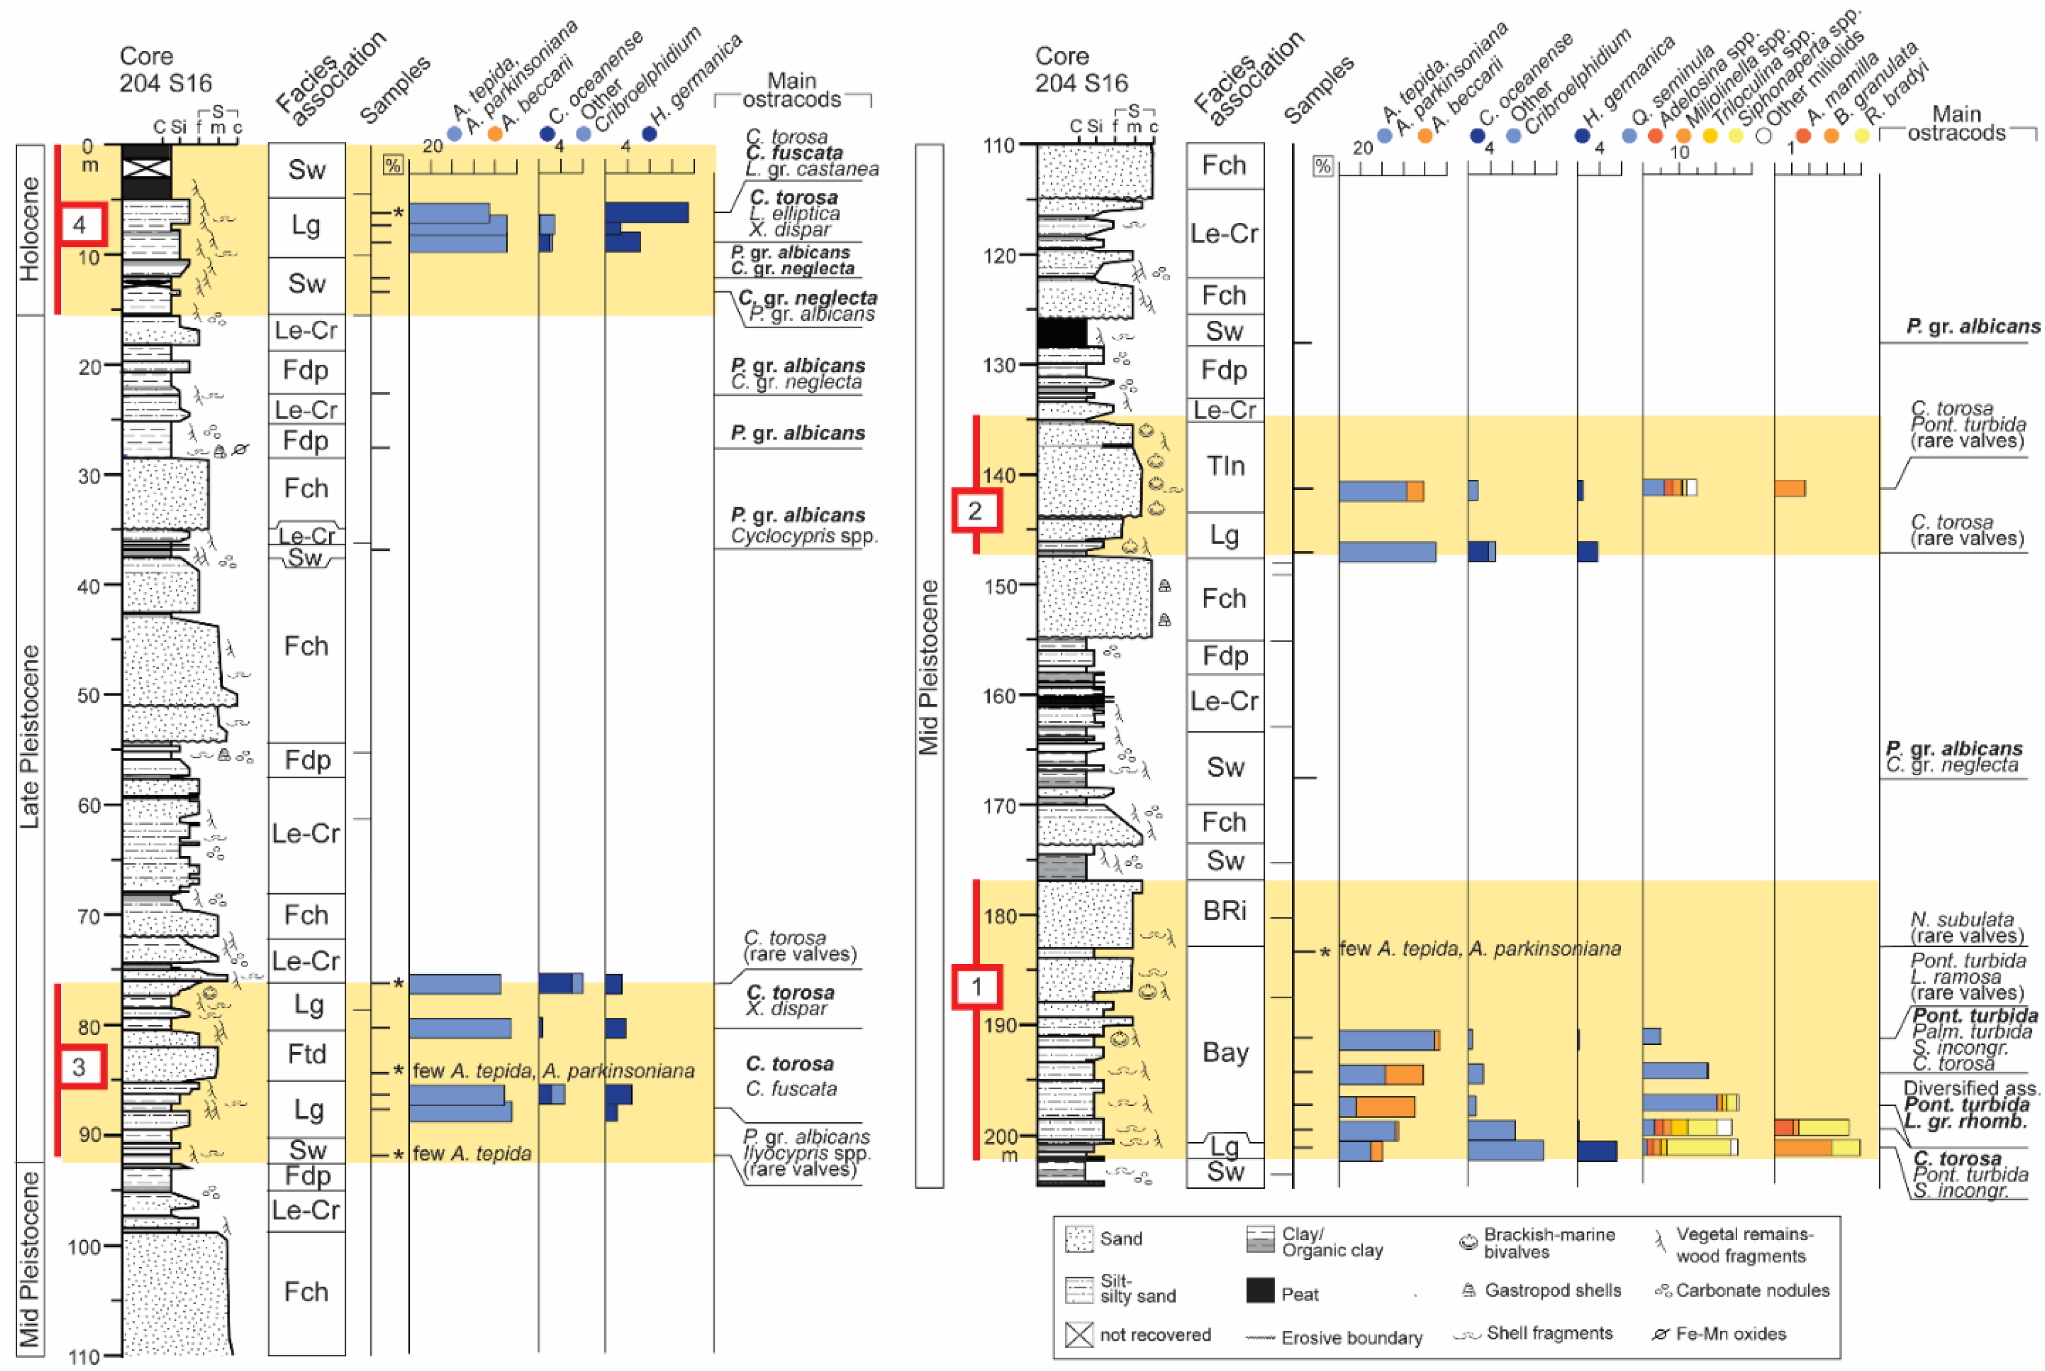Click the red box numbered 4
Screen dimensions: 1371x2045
[x=80, y=225]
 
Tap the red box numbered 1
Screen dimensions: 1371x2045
[x=976, y=987]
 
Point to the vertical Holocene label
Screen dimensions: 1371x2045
[x=30, y=229]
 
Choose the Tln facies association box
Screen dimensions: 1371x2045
[x=1225, y=466]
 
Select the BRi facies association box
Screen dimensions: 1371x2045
[x=1225, y=911]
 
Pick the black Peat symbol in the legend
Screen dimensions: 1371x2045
[x=1260, y=1291]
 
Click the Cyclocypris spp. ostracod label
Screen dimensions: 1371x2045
[x=804, y=535]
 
